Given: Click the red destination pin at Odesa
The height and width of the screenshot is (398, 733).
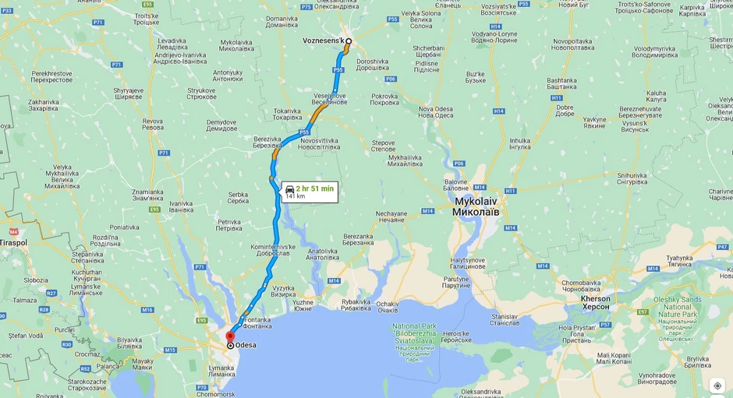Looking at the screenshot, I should pyautogui.click(x=230, y=337).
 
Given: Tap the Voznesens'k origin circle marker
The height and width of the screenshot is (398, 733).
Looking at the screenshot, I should pyautogui.click(x=349, y=41).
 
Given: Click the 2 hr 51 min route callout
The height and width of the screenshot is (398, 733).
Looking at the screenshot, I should pyautogui.click(x=310, y=192).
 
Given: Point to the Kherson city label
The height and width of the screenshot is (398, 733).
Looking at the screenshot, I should pyautogui.click(x=596, y=302).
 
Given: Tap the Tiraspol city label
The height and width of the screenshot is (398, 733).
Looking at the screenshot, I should pyautogui.click(x=13, y=242).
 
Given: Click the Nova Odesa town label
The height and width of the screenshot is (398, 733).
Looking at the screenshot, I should pyautogui.click(x=435, y=111).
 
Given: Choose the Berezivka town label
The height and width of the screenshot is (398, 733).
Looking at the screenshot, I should pyautogui.click(x=267, y=142).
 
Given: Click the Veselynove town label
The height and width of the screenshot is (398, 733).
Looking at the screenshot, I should pyautogui.click(x=331, y=98).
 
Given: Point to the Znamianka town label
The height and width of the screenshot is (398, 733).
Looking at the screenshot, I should pyautogui.click(x=147, y=195).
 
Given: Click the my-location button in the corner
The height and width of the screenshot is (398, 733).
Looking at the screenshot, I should pyautogui.click(x=717, y=386).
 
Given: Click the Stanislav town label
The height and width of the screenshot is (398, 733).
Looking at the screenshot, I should pyautogui.click(x=504, y=318).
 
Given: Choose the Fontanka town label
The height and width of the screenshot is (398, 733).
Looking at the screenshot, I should pyautogui.click(x=257, y=323).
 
